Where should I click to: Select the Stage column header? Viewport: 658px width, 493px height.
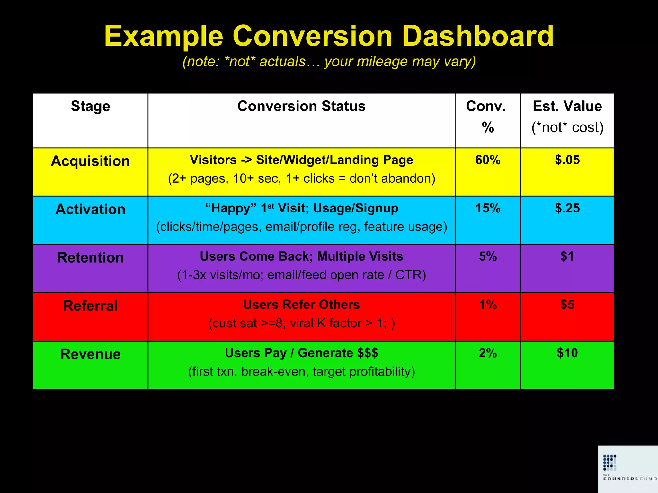coord(90,106)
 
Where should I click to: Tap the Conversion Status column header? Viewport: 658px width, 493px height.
coord(301,106)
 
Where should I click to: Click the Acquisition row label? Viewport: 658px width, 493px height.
coord(90,161)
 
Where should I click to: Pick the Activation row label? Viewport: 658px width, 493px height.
coord(90,209)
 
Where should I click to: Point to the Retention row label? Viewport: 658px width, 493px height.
coord(90,257)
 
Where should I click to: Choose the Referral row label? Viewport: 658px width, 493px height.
coord(90,306)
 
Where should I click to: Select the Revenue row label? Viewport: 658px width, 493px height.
coord(90,354)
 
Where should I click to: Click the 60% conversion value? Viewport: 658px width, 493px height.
coord(488,160)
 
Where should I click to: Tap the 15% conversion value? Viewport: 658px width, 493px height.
coord(488,208)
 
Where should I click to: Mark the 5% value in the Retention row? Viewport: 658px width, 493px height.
coord(488,256)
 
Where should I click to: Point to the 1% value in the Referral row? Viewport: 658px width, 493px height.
coord(488,305)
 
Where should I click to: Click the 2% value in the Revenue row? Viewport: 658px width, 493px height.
coord(488,353)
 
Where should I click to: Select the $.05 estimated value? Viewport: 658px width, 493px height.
coord(567,160)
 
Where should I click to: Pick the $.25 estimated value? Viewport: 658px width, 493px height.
coord(567,208)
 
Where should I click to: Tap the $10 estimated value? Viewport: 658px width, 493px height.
coord(567,353)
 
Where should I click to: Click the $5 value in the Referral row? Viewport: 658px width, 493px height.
coord(567,305)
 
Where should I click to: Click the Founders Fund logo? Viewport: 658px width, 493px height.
coord(628,469)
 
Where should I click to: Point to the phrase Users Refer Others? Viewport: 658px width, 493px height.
coord(301,305)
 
